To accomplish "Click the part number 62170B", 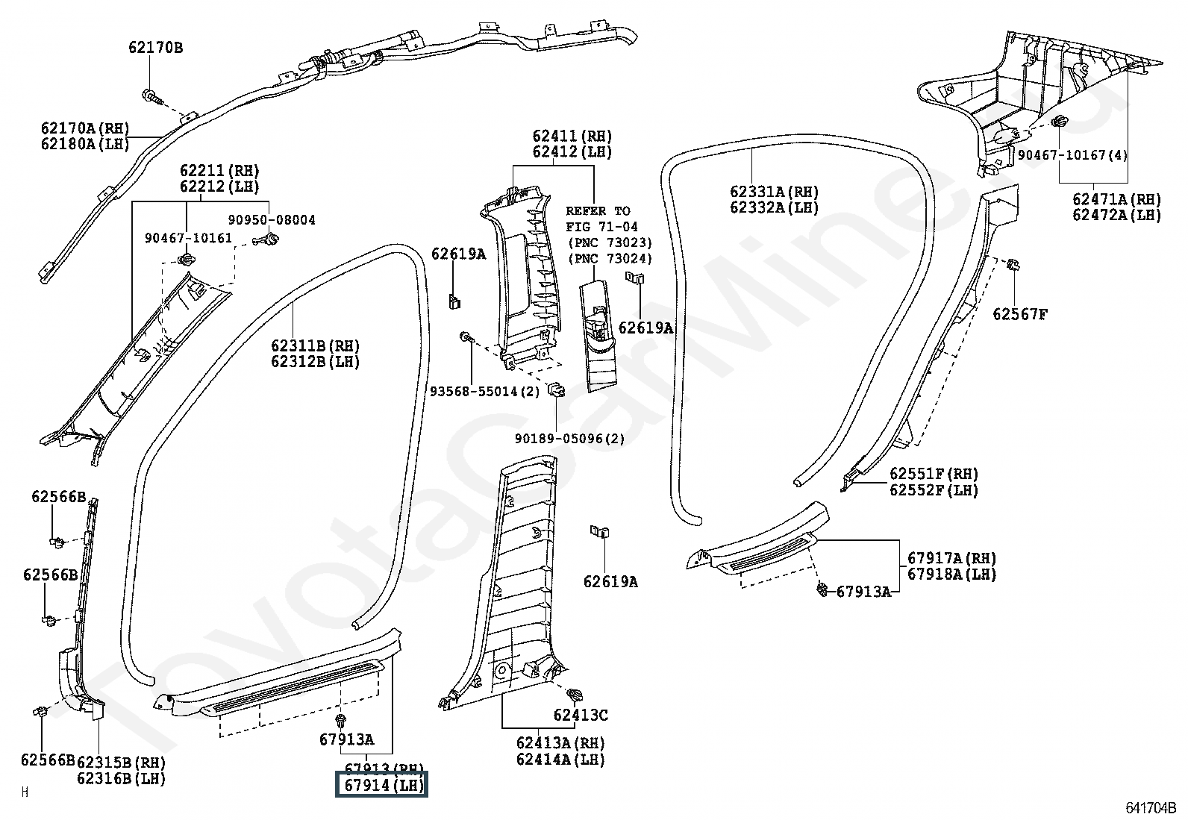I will coord(155,48).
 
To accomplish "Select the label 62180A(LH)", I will coord(85,144).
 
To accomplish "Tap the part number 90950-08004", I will coord(272,220).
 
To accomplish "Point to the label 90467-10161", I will coord(188,238).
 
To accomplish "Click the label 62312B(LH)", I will coord(315,362).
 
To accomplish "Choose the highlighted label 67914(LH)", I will coord(383,786).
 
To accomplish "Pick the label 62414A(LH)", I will coord(560,760).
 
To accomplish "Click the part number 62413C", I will coord(581,716).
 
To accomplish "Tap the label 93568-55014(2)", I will coord(484,392).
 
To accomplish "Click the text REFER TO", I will coord(598,211).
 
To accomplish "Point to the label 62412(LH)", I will coord(572,152).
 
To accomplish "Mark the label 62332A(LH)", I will coord(774,208).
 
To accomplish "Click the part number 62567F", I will coord(1019,314).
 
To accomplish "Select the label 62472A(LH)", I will coord(1117,215).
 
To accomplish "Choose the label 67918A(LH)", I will coord(951,575).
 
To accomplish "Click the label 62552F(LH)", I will coord(934,490).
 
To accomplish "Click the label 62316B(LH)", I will coord(122,778).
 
